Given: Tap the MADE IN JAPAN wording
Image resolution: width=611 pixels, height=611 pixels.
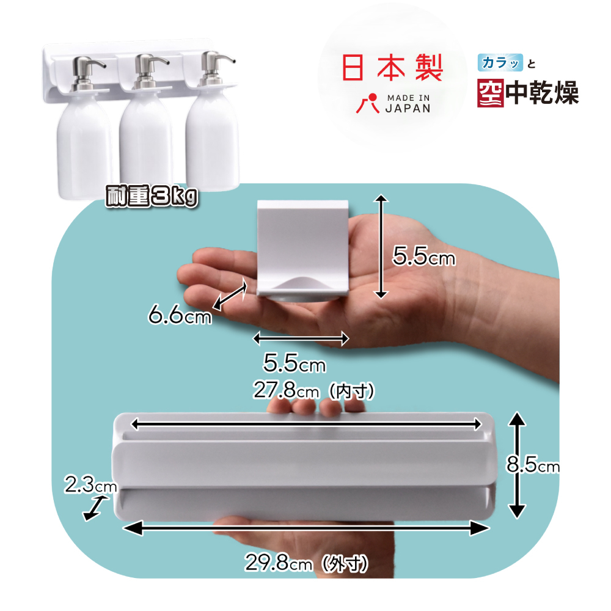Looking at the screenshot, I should point(408,103).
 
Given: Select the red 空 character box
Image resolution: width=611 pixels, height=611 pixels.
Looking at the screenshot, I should point(491,92).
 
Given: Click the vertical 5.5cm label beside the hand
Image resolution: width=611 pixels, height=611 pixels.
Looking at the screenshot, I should point(424,257).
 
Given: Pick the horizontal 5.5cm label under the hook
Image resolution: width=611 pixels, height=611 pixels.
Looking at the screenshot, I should point(294,364).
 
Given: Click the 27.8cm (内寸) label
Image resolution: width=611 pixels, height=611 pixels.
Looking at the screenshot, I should point(313,390).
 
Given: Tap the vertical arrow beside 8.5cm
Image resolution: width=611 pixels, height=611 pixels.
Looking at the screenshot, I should point(517,464).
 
